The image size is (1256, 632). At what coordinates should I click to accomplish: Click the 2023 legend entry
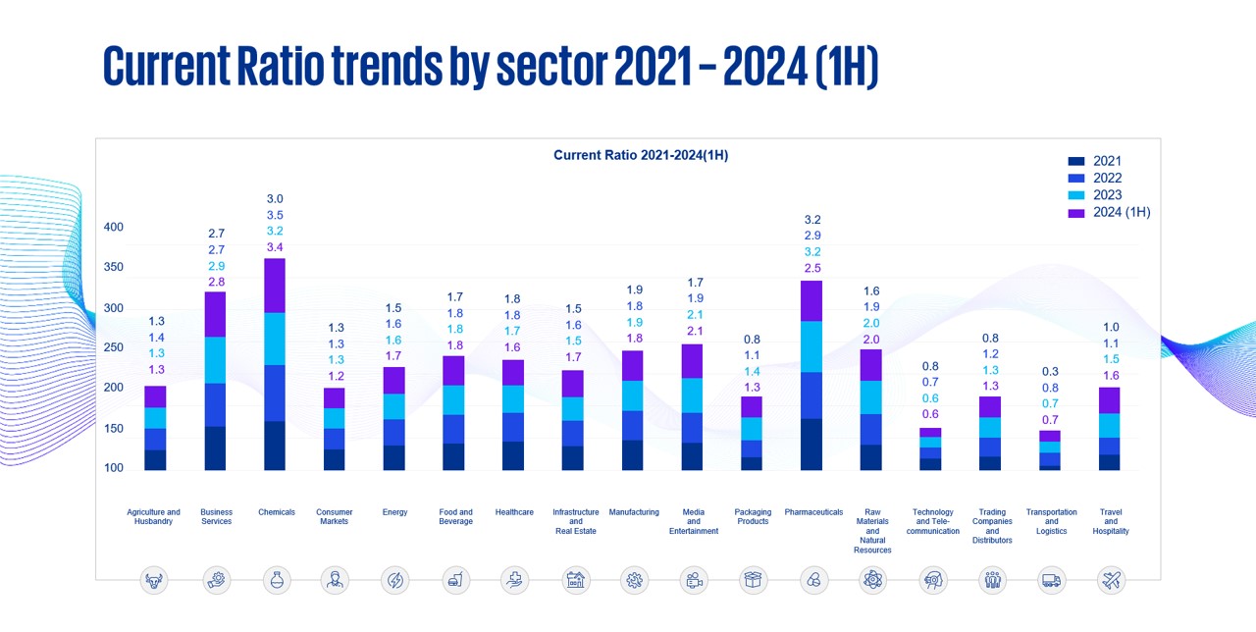coord(1107,195)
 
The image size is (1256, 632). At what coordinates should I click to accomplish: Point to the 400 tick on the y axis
coord(114,228)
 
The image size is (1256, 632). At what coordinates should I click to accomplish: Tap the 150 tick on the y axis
coord(114,429)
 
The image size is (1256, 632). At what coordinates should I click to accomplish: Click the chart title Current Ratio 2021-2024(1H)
coord(641,155)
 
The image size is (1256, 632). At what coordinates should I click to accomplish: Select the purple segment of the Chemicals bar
coord(276,286)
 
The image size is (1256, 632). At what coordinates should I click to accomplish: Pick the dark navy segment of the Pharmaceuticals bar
coord(811,444)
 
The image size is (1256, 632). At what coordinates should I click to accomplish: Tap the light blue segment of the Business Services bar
coord(216,360)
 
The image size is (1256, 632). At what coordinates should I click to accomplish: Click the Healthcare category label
coord(515,512)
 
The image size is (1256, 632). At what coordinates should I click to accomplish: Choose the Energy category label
coord(394,512)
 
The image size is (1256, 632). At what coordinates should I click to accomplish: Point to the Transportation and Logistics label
coord(1051,522)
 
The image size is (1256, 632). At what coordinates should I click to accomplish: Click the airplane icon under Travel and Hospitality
coord(1112,580)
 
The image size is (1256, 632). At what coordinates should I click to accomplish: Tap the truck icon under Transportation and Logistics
coord(1051,580)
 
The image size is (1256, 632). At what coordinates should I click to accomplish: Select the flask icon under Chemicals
coord(276,580)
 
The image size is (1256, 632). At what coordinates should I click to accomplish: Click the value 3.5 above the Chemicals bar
coord(276,215)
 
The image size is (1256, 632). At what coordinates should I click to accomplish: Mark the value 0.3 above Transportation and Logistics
coord(1051,372)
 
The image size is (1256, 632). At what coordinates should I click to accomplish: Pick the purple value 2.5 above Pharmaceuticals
coord(811,268)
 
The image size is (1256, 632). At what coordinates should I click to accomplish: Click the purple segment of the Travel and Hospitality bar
coord(1111,400)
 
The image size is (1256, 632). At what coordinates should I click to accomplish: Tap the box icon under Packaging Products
coord(753,580)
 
